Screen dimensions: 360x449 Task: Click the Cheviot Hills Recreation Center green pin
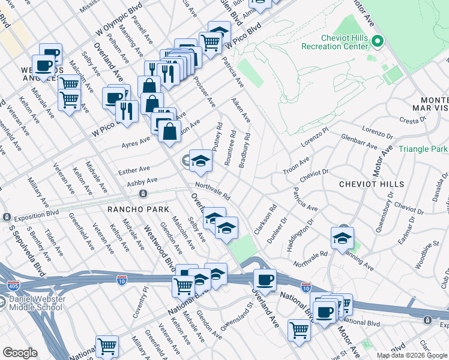378,42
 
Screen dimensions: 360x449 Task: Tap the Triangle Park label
423,149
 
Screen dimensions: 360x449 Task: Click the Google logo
20,353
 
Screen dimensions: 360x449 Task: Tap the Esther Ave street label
134,169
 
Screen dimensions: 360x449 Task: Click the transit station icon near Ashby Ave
143,193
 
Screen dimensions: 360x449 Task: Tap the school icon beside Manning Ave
342,238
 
